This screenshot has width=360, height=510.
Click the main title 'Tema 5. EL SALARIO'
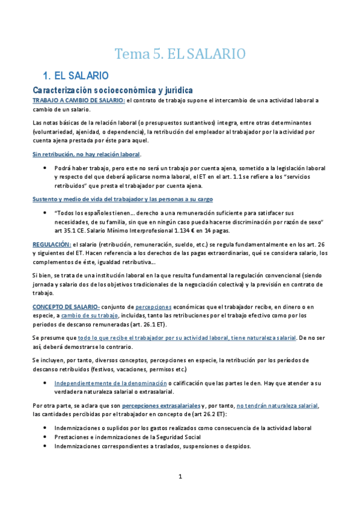coord(180,54)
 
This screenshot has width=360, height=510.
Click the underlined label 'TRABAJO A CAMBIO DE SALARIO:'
coord(79,100)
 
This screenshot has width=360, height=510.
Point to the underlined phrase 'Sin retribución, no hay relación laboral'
coord(90,154)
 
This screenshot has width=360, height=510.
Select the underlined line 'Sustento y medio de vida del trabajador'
coord(122,199)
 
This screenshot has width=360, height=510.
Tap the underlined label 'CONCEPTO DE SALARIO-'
coord(66,307)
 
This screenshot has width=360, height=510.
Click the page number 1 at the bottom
coord(180,477)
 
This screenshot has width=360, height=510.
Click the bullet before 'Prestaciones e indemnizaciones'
coord(46,437)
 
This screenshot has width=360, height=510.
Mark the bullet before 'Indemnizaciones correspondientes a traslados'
coord(46,446)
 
